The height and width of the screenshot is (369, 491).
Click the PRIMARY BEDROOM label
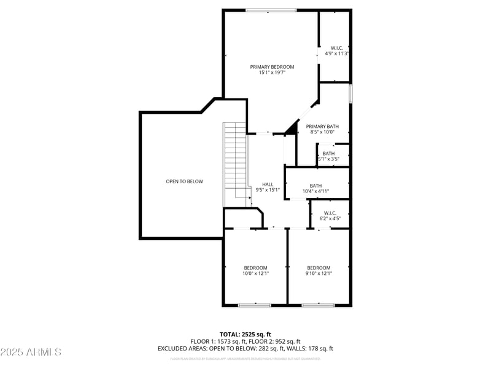point(271,66)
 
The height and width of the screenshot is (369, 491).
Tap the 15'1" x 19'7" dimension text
point(271,73)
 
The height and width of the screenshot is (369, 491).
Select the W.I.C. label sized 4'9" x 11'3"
point(336,48)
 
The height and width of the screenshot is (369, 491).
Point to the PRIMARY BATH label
point(322,126)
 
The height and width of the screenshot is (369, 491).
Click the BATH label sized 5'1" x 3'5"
point(329,153)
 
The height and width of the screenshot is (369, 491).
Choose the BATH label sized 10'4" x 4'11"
point(315,186)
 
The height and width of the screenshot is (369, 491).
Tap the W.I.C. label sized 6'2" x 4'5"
point(330,213)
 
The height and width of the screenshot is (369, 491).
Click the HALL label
point(268,184)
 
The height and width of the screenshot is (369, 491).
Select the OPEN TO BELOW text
point(184,181)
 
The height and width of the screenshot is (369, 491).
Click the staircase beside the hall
point(234,160)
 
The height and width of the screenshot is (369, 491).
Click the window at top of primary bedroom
point(271,10)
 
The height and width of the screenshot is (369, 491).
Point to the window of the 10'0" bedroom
point(254,304)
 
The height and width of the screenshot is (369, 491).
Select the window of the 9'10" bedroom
point(318,304)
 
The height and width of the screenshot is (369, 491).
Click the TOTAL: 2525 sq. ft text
point(245,334)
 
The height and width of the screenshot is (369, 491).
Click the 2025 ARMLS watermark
point(31,352)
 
